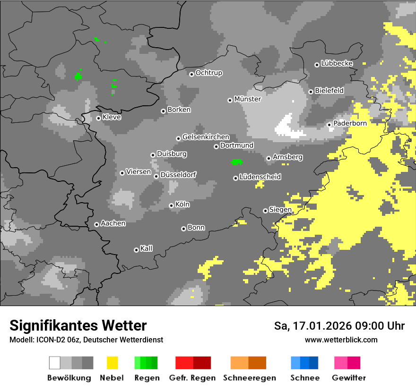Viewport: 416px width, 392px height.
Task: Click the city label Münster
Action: click(x=248, y=99)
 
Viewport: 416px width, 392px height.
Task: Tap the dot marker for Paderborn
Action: click(x=329, y=125)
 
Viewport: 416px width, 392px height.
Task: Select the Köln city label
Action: click(x=182, y=205)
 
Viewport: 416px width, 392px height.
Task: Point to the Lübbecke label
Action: click(x=337, y=63)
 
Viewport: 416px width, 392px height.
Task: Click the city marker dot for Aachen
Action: click(x=96, y=224)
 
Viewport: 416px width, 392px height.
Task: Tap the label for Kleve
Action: click(x=112, y=117)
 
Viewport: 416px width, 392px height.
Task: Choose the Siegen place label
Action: click(x=280, y=210)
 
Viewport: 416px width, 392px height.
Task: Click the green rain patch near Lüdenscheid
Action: click(x=236, y=162)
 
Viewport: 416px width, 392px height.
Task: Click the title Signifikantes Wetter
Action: click(x=78, y=325)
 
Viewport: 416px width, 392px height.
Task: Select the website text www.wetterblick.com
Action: click(x=341, y=340)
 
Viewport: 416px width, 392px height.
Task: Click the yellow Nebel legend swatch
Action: click(x=112, y=363)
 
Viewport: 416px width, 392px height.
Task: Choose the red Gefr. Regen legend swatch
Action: click(x=193, y=363)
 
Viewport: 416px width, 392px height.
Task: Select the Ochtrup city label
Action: click(x=209, y=73)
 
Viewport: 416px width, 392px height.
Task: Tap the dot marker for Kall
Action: click(x=136, y=250)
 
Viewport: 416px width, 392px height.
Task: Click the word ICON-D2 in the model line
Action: click(x=48, y=340)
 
